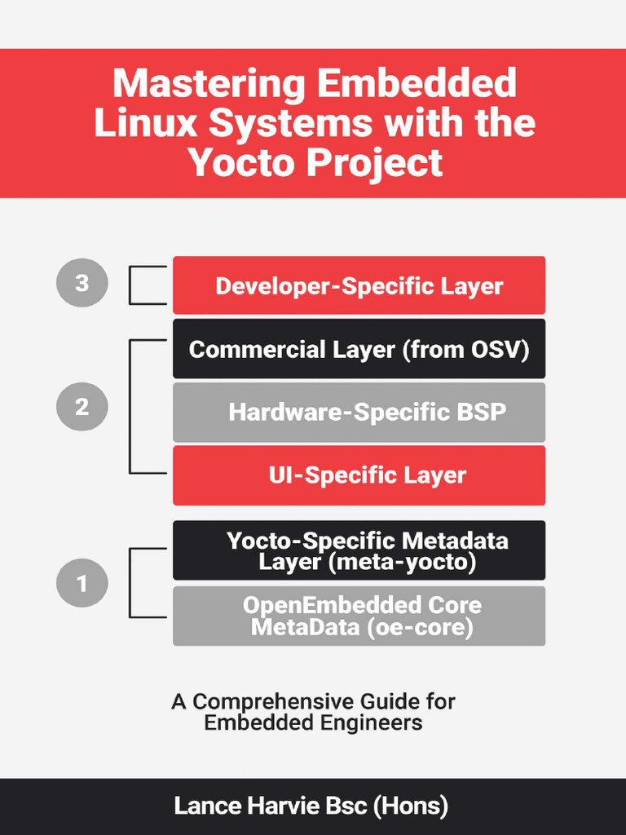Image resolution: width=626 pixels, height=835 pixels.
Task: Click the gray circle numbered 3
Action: click(x=82, y=284)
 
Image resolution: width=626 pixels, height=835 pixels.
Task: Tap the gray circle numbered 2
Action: click(x=82, y=406)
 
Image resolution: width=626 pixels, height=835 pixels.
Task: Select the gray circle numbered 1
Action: click(x=82, y=583)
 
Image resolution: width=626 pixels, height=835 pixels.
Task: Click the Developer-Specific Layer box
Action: click(x=359, y=285)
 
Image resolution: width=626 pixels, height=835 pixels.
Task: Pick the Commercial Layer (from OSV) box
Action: click(x=359, y=349)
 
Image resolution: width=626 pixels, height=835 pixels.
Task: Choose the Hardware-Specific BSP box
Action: click(x=359, y=412)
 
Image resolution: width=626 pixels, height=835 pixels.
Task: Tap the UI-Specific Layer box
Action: click(x=359, y=475)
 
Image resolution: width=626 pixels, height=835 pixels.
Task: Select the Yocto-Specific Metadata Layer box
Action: click(x=359, y=550)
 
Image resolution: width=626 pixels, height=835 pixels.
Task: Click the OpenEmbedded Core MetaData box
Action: click(x=359, y=616)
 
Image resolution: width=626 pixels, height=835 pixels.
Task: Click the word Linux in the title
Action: click(x=146, y=123)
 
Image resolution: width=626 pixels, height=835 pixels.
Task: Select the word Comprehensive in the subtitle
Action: click(x=274, y=702)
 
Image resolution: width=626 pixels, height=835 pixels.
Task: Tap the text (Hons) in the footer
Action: click(x=411, y=806)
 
